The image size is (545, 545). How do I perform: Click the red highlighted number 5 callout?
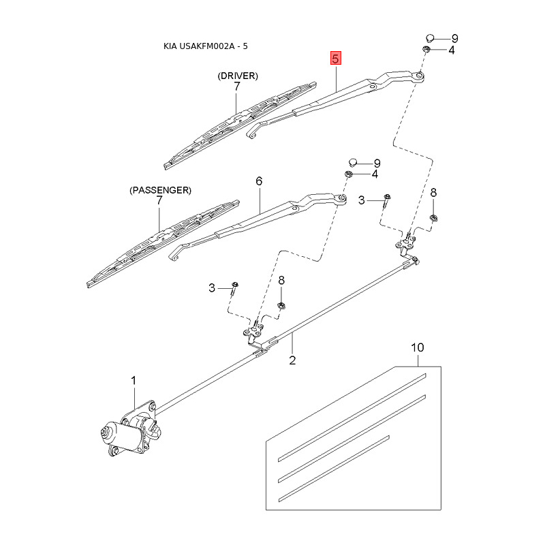point(335,59)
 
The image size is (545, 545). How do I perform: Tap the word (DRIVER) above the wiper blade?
point(238,76)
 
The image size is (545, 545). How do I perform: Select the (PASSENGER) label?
point(160,191)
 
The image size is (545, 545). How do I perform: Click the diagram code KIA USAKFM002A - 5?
point(206,46)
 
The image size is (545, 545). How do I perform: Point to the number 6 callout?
point(259,181)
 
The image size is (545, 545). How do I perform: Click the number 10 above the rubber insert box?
point(418,347)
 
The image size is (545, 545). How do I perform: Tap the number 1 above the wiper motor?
point(134,381)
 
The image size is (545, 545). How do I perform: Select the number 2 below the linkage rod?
point(292,360)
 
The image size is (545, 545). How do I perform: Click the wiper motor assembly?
point(130,429)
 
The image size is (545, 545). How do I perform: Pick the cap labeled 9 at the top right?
point(431,37)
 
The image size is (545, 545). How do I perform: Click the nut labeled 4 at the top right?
point(426,49)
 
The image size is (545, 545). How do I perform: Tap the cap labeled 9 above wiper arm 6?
point(353,162)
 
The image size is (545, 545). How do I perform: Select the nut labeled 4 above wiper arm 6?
point(349,174)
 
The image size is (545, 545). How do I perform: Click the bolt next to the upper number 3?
point(386,201)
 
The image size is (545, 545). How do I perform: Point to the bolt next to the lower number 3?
point(234,288)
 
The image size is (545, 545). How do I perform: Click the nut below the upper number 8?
point(433,218)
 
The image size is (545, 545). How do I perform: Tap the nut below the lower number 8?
point(281,306)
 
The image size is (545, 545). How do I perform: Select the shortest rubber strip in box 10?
point(334,469)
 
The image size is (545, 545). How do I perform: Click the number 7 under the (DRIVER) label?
point(237,87)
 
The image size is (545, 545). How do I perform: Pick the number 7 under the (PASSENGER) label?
point(159,200)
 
